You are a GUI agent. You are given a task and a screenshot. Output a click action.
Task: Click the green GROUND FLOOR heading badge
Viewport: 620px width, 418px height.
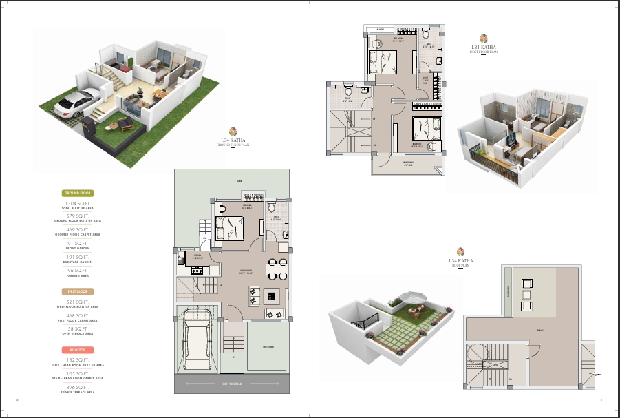78,194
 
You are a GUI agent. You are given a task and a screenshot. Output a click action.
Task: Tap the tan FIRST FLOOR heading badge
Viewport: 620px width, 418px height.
78,292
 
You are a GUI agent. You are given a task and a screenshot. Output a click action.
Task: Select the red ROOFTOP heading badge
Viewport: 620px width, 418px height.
78,351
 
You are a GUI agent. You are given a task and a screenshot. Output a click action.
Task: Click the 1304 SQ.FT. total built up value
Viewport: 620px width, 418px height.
78,204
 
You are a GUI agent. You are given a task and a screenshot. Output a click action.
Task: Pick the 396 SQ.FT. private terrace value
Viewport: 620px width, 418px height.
78,388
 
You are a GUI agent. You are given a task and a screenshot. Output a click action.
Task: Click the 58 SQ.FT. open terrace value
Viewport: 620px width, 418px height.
78,329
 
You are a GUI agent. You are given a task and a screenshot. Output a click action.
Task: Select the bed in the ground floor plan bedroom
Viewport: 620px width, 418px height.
229,227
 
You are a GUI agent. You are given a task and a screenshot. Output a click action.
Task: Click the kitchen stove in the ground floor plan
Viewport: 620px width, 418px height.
195,269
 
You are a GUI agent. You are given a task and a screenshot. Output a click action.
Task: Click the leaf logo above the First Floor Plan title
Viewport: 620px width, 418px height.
484,39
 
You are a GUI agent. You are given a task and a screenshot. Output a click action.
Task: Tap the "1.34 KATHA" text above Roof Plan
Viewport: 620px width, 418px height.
460,261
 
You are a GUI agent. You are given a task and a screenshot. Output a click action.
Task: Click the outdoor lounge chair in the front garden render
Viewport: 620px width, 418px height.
125,123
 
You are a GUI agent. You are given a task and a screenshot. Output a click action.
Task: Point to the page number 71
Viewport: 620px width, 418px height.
601,399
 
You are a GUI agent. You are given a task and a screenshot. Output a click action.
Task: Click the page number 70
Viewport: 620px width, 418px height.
17,399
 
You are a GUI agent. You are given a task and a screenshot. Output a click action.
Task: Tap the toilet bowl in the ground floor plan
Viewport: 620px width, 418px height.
270,207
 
